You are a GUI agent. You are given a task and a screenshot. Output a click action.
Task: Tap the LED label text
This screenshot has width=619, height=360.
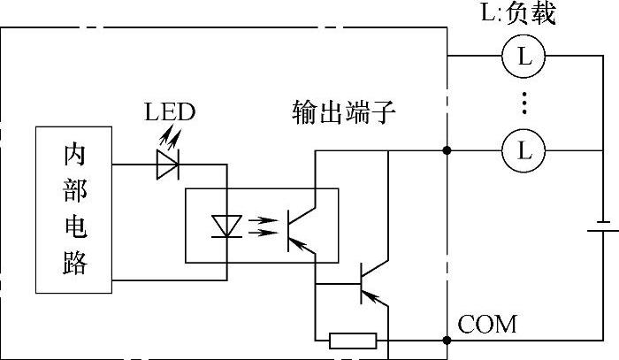170,112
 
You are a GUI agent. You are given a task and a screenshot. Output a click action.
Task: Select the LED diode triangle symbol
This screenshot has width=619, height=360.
167,165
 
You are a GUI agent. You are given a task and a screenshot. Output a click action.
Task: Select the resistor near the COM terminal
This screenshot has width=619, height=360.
353,341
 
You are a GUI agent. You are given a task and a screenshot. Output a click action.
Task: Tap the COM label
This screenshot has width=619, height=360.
487,324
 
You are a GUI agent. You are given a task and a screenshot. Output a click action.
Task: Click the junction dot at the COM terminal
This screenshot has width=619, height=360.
447,341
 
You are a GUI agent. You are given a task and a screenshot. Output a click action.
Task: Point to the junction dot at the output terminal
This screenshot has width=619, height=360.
447,151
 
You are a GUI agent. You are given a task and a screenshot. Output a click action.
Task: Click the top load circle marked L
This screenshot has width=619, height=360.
524,57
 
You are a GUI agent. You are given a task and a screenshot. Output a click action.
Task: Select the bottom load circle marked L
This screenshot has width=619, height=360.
524,151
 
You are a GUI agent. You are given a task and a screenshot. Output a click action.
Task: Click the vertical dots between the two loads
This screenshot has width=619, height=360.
524,103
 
